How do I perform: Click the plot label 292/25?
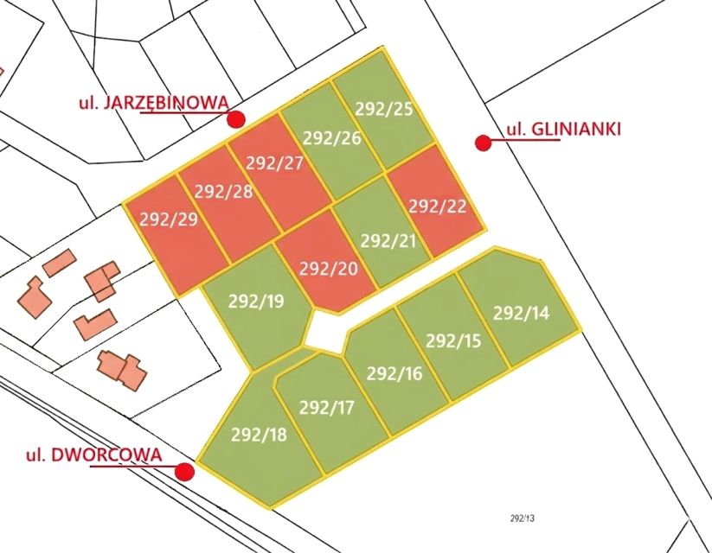[384, 110]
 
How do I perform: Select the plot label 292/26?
[331, 137]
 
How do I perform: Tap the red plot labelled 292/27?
[274, 163]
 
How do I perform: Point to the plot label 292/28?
[224, 191]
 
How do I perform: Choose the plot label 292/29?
[169, 219]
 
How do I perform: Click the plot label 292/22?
[437, 206]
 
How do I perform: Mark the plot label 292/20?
[328, 268]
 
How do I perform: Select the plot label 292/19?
[256, 302]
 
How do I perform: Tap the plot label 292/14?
[521, 313]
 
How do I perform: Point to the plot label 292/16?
[394, 373]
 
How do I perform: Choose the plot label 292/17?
[327, 407]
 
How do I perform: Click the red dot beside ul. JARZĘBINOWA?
[236, 119]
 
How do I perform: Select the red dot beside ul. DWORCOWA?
[184, 471]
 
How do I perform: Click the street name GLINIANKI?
[577, 130]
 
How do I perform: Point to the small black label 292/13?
[524, 518]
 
